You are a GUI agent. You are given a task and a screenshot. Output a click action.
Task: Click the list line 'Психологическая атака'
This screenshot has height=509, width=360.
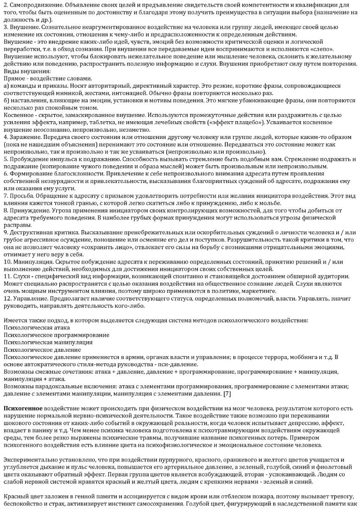pos(37,327)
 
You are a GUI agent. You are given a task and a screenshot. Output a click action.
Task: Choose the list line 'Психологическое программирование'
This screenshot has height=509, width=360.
pos(56,335)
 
